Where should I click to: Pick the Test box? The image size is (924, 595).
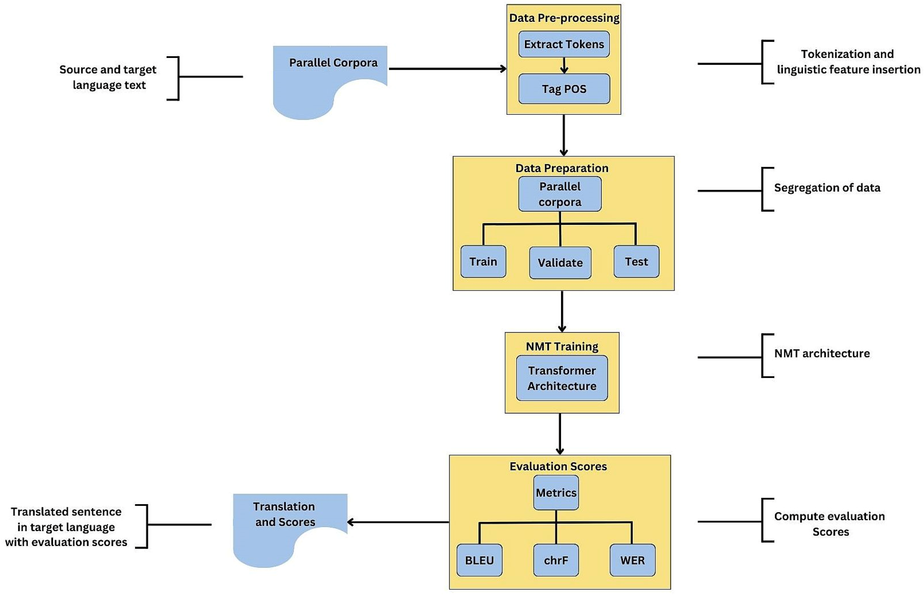click(636, 262)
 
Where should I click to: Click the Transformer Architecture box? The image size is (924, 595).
click(562, 378)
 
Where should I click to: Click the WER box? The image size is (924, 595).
click(632, 560)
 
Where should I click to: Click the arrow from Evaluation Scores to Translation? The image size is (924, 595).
click(398, 522)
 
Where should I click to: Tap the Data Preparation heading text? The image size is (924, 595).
click(562, 168)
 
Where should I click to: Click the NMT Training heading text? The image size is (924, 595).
click(562, 347)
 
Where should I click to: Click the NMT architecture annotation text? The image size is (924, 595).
click(822, 353)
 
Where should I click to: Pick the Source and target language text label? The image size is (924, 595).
click(108, 77)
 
